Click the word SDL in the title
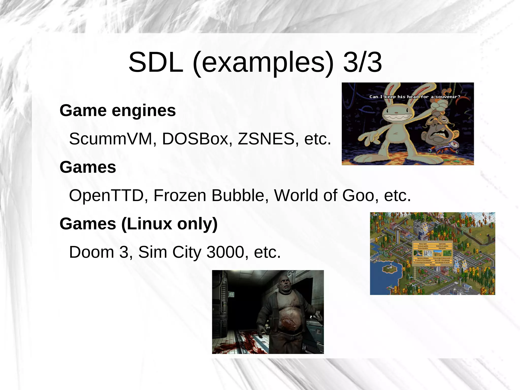click(x=156, y=63)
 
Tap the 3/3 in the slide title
click(x=362, y=63)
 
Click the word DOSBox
click(x=195, y=139)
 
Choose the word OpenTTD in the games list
click(x=106, y=196)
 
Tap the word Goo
click(x=358, y=196)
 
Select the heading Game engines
click(x=118, y=111)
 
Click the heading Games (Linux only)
click(x=138, y=224)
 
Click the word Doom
click(x=91, y=252)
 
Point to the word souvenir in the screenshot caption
click(x=448, y=97)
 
